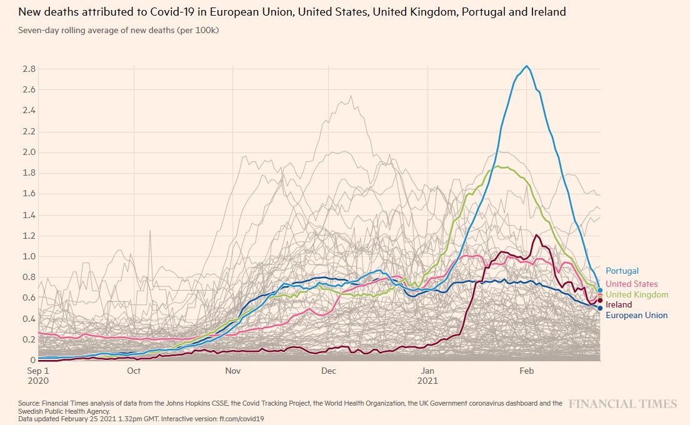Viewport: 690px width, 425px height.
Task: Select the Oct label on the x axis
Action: click(x=134, y=371)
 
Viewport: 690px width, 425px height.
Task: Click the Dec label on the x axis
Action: click(x=329, y=371)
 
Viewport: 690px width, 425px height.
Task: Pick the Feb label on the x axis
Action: click(x=527, y=371)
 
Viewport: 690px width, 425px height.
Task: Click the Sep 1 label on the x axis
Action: click(x=38, y=371)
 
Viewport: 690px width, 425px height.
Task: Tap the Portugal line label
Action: click(x=622, y=271)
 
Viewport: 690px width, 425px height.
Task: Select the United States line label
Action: click(x=631, y=284)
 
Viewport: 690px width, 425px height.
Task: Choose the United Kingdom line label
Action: click(x=637, y=295)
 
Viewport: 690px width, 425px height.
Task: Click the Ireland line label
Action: click(x=619, y=305)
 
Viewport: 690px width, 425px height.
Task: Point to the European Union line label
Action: click(x=636, y=316)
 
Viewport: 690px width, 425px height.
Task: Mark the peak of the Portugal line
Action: click(x=527, y=66)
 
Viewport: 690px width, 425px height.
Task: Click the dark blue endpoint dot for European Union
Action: click(x=600, y=307)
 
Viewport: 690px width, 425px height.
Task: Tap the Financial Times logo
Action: click(x=622, y=404)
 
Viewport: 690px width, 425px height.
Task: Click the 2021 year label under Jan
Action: click(x=428, y=380)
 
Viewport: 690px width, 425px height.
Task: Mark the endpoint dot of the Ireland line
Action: click(x=600, y=301)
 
